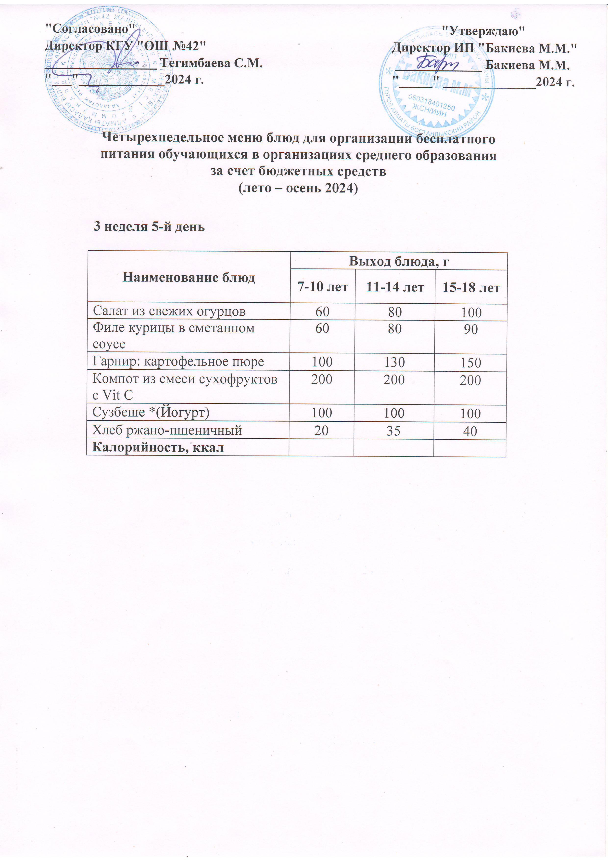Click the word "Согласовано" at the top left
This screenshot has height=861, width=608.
(89, 28)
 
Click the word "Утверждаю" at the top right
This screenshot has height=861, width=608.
(483, 31)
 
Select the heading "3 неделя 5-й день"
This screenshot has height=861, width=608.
(149, 227)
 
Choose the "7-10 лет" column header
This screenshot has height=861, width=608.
(323, 287)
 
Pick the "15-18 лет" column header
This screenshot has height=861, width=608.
(471, 288)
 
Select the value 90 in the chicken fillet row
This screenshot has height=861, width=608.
(471, 329)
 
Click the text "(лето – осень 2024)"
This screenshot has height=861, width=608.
(299, 188)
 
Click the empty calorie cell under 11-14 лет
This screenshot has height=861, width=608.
(394, 448)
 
